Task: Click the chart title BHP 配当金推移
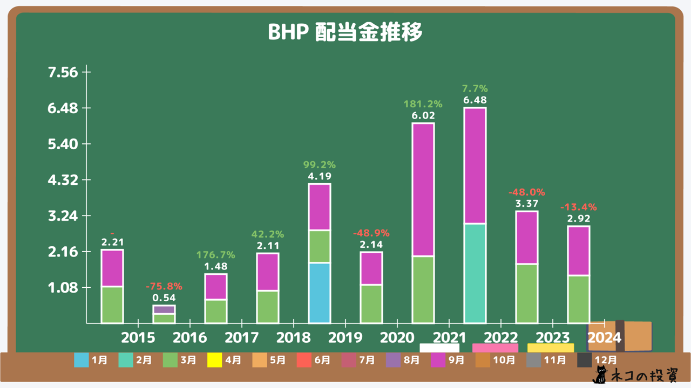345,32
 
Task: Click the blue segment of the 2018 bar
320,293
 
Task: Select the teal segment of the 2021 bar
475,273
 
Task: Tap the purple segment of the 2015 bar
164,309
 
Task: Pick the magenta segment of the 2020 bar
423,190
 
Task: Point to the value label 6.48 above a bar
475,100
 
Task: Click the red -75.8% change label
164,286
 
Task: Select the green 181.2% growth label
423,104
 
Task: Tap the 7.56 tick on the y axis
63,72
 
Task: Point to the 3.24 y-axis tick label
63,216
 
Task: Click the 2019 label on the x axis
346,338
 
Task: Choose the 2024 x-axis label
605,338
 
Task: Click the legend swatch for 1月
82,360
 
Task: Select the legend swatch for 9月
437,360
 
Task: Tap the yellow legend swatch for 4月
214,360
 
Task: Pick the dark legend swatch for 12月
585,360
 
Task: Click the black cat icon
600,375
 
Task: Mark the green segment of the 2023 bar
527,293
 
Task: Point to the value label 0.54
164,297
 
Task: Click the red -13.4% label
579,207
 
